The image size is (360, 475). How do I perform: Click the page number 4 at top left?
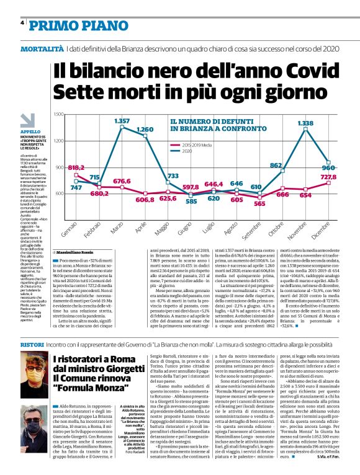[22, 23]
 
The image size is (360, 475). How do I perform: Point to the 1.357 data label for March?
[122, 120]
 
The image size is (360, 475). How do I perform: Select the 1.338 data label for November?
[305, 123]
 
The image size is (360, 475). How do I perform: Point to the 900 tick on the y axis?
[60, 167]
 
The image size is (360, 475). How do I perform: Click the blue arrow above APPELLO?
[29, 120]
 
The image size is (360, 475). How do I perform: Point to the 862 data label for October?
[276, 166]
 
